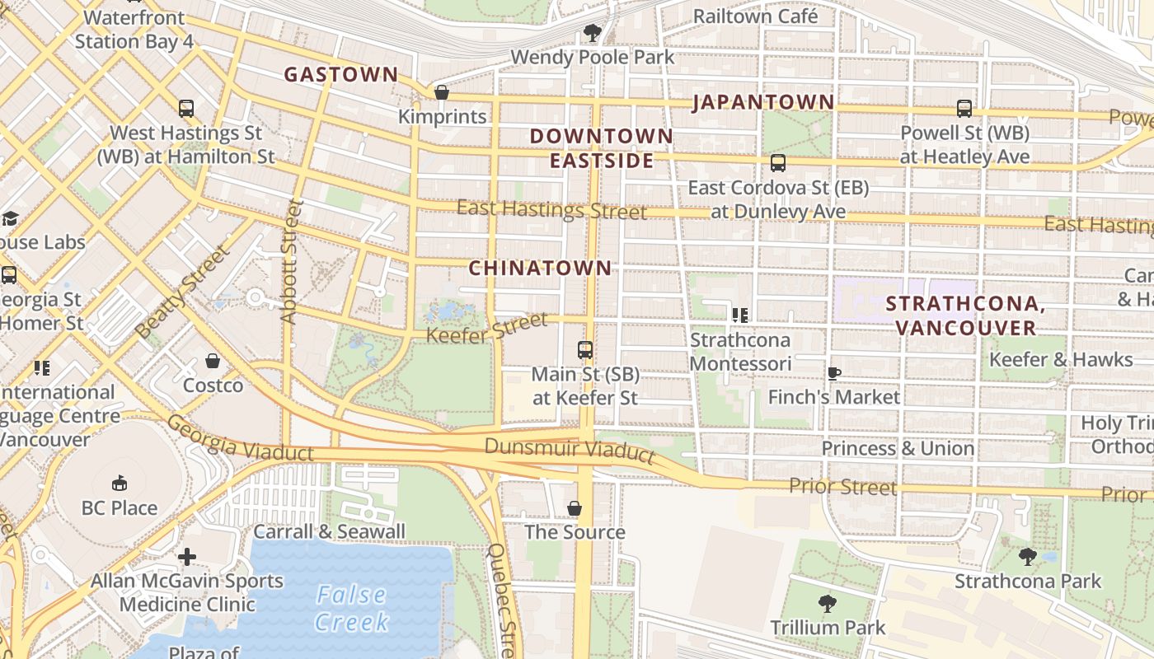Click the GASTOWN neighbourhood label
(341, 74)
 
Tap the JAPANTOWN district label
(763, 102)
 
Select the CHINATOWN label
(540, 268)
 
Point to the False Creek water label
(351, 608)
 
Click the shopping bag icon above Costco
(213, 361)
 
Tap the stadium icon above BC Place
(119, 483)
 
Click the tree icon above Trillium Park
(827, 603)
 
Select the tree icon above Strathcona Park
(1027, 556)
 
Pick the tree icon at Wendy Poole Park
(592, 33)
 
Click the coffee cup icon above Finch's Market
(833, 372)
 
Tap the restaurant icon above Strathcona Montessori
(739, 315)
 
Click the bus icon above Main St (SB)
(585, 350)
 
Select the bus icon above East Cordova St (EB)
(777, 163)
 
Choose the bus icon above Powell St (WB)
(964, 108)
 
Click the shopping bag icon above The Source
(575, 508)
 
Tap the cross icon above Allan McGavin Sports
(187, 557)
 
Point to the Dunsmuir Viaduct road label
(569, 450)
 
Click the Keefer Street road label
(486, 328)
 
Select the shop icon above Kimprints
(442, 92)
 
